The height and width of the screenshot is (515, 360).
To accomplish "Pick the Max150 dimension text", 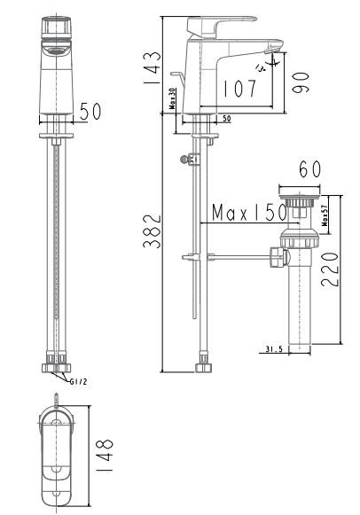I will point(248,214).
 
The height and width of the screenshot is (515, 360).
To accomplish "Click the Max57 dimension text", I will point(325,214).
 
